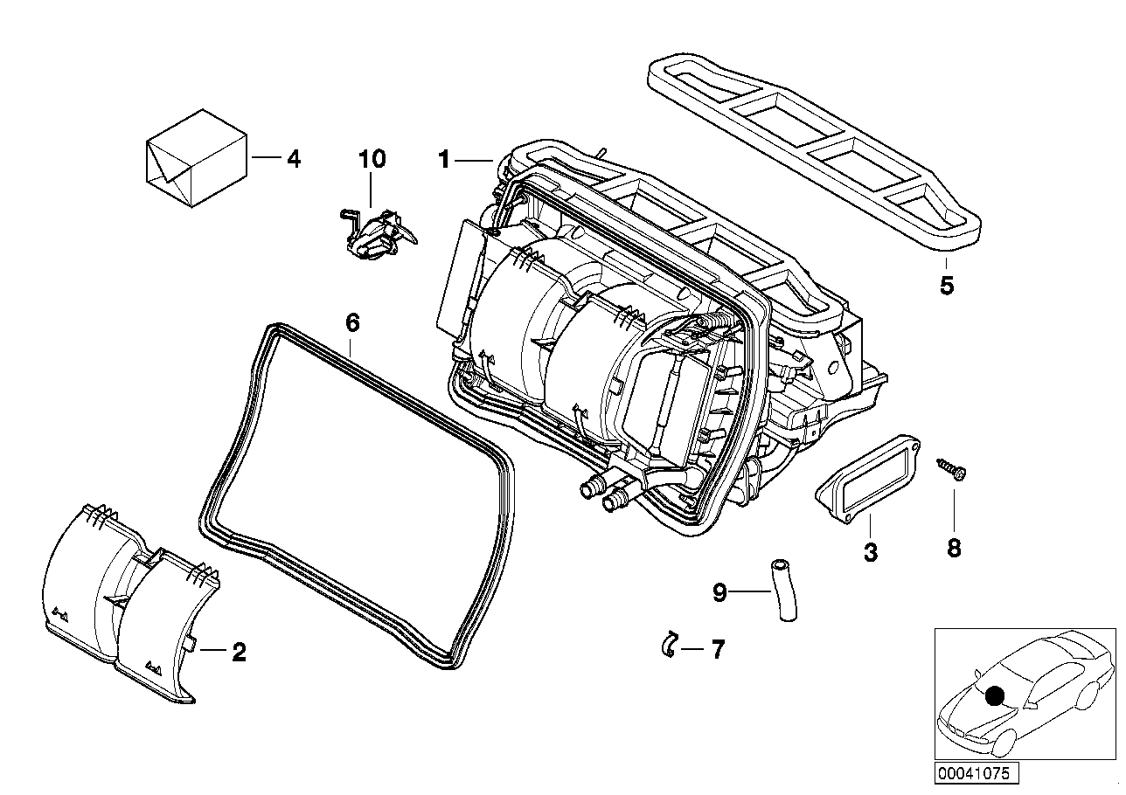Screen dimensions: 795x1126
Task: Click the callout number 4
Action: tap(293, 159)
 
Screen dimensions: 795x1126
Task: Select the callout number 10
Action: tap(371, 159)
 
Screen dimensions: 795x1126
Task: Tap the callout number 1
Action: tap(444, 159)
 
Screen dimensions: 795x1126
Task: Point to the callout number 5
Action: tap(947, 285)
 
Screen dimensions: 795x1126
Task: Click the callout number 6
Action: tap(351, 322)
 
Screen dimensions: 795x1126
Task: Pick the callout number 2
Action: tap(238, 651)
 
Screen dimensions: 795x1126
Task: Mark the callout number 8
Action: tap(954, 548)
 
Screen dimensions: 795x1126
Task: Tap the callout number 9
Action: tap(719, 593)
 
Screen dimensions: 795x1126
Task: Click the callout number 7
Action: tap(717, 650)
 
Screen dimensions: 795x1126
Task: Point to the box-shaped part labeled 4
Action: tap(194, 157)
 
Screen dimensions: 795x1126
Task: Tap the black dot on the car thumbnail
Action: tap(993, 696)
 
